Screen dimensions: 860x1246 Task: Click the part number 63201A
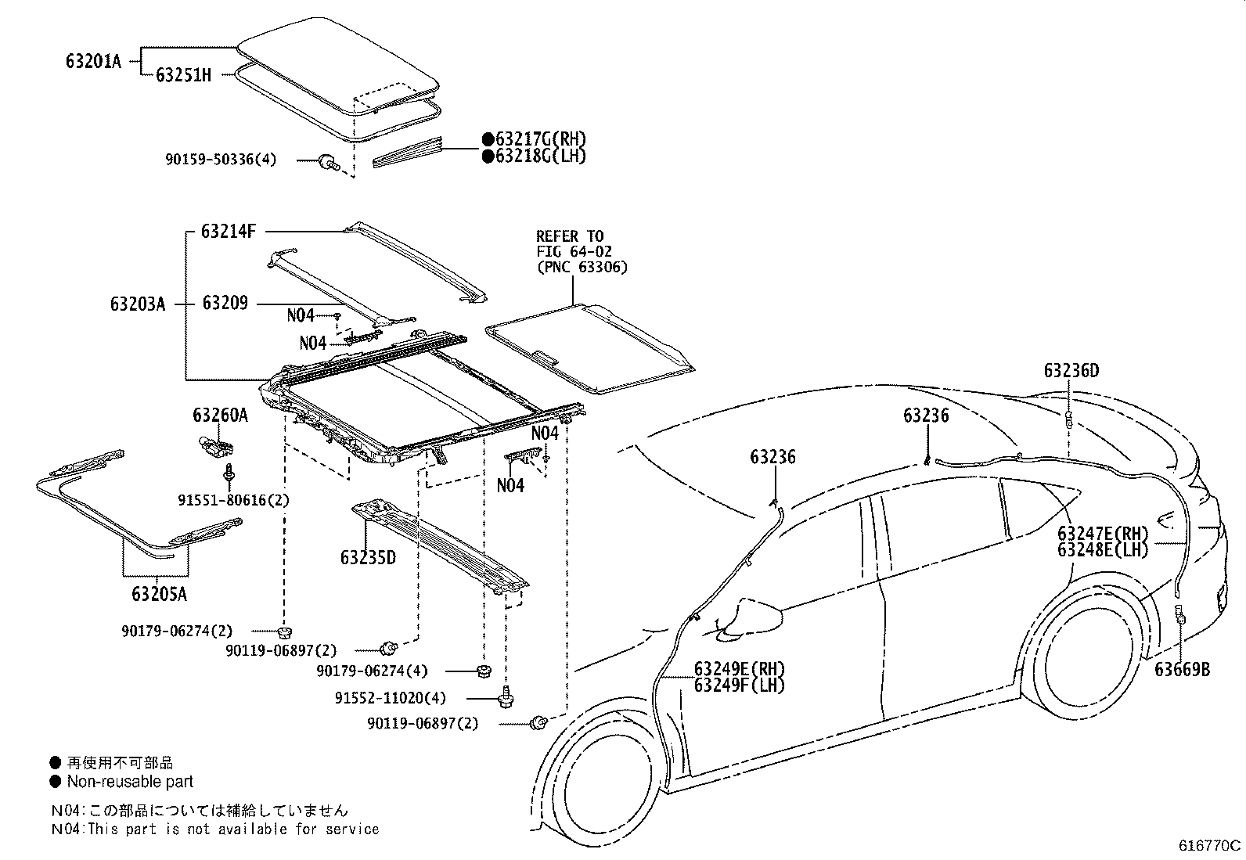93,61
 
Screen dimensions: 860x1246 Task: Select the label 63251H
183,75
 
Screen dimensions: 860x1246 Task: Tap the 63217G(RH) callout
539,139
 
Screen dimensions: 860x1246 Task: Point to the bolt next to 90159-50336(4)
327,163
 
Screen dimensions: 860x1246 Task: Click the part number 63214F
229,231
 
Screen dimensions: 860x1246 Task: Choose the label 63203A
138,304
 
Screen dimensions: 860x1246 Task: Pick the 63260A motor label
220,416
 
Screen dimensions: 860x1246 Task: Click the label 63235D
368,557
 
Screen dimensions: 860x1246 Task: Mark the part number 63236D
1071,371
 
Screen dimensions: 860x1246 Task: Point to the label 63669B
1182,669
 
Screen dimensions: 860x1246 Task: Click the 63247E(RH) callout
1103,534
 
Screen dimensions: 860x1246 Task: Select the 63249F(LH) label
739,685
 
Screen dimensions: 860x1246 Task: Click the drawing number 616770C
1210,846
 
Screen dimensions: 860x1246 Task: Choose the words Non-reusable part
130,781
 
